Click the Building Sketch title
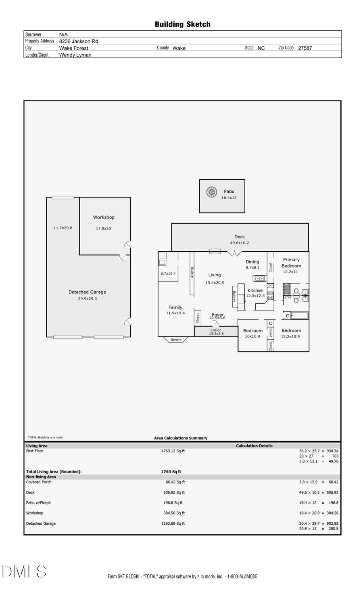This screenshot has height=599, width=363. click(182, 24)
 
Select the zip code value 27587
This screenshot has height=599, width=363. click(305, 48)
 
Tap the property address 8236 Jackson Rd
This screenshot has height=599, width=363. click(79, 41)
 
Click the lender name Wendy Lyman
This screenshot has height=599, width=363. click(75, 55)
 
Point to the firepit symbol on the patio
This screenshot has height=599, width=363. click(211, 192)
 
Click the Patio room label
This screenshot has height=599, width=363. click(229, 191)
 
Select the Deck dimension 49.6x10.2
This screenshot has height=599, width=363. click(240, 243)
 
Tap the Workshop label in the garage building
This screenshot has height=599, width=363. click(104, 217)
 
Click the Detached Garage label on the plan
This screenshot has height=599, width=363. click(87, 292)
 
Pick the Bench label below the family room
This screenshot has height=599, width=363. click(175, 340)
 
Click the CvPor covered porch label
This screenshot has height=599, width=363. click(216, 330)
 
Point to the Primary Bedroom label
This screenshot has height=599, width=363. click(291, 263)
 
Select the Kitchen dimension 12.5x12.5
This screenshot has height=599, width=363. click(255, 296)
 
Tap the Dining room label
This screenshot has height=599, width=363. click(252, 262)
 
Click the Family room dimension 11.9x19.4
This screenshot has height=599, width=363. click(175, 313)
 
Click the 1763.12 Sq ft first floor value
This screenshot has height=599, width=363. click(173, 451)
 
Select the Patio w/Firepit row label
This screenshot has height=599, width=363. click(39, 503)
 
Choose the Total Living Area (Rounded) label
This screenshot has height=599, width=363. click(54, 472)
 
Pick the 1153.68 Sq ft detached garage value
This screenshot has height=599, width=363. click(173, 523)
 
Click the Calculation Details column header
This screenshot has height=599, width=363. click(254, 446)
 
